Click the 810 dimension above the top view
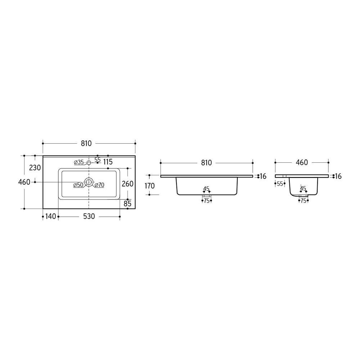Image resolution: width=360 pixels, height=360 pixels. tap(86, 143)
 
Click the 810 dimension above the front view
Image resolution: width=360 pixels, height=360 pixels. tap(206, 163)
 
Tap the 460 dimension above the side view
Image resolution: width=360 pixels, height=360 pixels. tap(302, 163)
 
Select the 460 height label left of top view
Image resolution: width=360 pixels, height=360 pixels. tap(24, 182)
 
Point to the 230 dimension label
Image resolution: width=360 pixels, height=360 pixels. tap(35, 168)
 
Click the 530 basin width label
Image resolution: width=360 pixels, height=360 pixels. tap(89, 216)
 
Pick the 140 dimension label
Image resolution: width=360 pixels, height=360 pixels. tap(50, 216)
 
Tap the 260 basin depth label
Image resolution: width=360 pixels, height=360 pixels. tap(128, 184)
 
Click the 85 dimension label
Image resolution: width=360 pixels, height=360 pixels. tap(127, 203)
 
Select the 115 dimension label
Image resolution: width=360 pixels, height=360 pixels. tap(108, 162)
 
